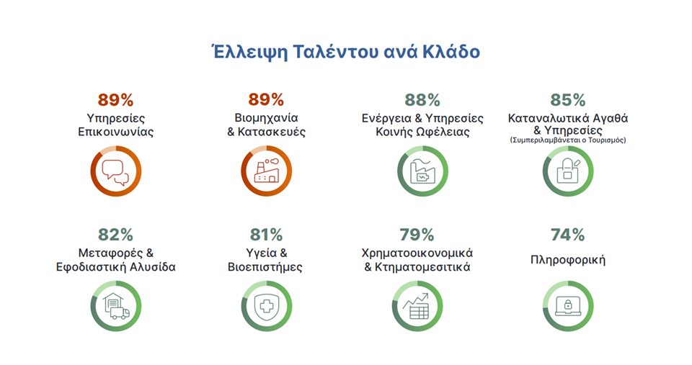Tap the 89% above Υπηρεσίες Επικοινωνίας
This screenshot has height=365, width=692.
pos(115,99)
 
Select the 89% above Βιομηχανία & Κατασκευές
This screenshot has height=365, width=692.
pos(266,99)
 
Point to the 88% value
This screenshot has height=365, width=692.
pos(422,100)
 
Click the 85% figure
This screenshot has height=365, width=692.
pos(568,100)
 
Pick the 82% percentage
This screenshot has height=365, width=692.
pos(115,235)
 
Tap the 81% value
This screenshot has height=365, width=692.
pos(266,235)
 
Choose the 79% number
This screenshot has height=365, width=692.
pos(417,235)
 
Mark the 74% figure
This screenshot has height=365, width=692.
pos(568,235)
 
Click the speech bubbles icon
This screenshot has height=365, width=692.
pos(115,172)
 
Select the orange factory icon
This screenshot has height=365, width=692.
pos(267,171)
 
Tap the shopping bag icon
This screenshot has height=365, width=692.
pos(569,171)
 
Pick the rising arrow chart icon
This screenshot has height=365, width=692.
pos(416,306)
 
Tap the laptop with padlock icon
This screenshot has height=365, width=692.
pos(568,306)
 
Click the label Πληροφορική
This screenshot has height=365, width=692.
pos(568,260)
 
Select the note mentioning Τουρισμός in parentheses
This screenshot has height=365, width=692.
pos(568,140)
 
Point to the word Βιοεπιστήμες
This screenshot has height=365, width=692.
pos(265,267)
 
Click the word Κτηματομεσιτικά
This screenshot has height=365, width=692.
pos(422,266)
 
